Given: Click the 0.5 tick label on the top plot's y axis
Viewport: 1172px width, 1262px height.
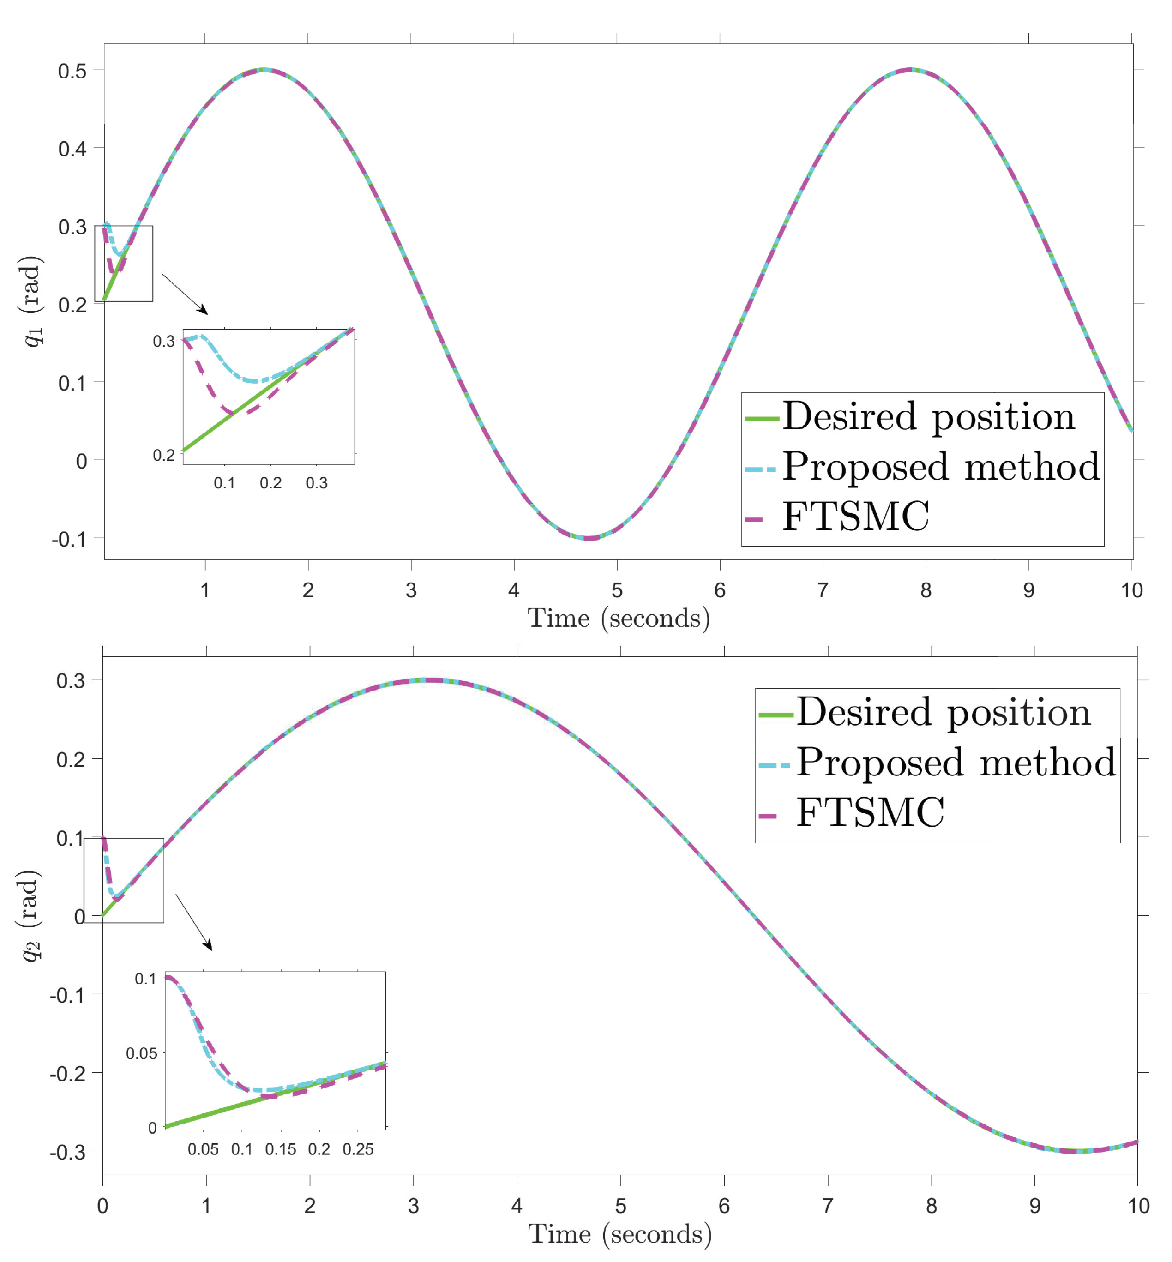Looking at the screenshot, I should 72,71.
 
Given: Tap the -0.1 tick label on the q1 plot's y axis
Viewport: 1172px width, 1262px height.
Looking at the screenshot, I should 68,540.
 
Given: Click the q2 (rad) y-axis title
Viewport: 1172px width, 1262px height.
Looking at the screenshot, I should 29,916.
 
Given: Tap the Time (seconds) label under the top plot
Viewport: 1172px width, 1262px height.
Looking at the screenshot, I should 619,619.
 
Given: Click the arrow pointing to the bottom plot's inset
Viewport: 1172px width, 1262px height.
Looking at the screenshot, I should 194,923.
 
